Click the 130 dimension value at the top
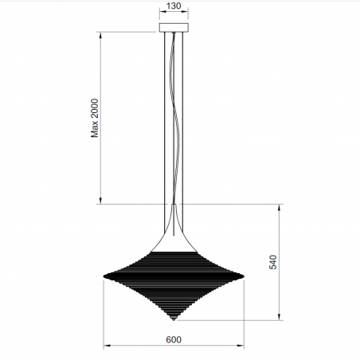pos(174,6)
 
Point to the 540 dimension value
pos(273,262)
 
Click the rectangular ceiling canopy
pos(174,28)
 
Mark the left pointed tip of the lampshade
pos(104,277)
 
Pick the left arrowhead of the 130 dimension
pos(162,14)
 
